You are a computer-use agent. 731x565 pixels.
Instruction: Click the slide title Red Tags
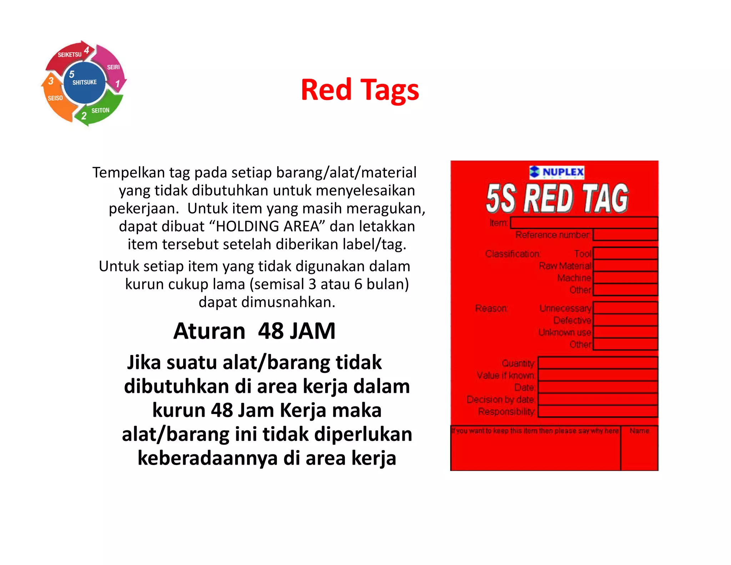[360, 90]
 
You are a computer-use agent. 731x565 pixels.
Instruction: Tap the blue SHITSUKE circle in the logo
[85, 82]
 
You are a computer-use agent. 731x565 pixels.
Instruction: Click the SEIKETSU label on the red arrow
[70, 55]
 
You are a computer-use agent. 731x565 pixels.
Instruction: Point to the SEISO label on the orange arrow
[55, 98]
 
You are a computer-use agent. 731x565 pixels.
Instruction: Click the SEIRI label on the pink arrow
[114, 67]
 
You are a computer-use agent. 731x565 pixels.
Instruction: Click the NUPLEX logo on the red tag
[557, 172]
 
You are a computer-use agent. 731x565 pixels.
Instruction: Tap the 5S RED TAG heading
[557, 199]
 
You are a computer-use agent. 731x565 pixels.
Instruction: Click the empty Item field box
[584, 223]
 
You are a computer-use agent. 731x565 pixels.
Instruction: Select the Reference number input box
[625, 235]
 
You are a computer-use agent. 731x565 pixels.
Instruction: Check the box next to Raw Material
[625, 266]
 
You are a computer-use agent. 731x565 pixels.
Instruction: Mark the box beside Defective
[625, 320]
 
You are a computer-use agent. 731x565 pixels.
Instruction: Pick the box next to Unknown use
[625, 332]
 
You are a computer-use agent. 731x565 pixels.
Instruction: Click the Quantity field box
[598, 363]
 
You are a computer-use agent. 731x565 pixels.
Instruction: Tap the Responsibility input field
[598, 411]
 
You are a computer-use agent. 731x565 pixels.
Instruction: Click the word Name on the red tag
[639, 431]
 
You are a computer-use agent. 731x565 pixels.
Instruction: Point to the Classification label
[513, 254]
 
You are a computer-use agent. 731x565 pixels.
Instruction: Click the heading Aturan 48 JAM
[254, 331]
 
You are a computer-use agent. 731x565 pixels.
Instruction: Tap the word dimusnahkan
[288, 302]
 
